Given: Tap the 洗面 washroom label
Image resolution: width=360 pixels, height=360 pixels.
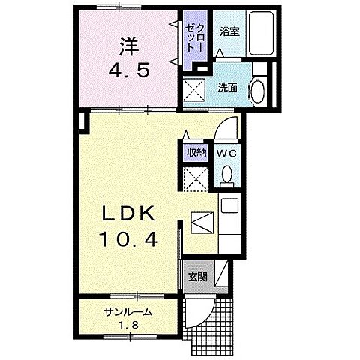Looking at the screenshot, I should click(228, 86).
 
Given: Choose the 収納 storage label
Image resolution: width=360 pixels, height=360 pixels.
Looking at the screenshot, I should click(196, 152).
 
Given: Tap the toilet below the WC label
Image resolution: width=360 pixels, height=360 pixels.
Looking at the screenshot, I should click(227, 175).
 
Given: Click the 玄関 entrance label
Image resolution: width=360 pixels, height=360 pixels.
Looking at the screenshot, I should click(198, 276).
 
